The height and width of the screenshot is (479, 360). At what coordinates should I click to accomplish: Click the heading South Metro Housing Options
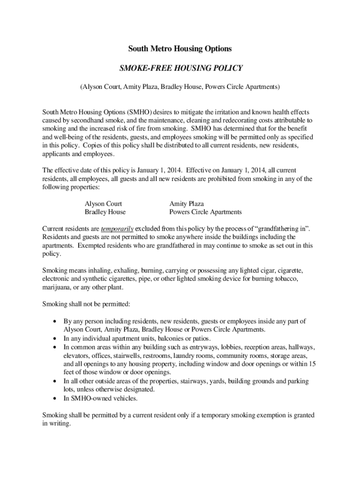[180, 49]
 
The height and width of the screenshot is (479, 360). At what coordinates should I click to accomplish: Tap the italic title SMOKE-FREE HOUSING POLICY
[180, 68]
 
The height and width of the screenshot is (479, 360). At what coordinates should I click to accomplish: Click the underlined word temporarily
[117, 229]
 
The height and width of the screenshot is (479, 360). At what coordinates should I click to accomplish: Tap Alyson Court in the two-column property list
[103, 204]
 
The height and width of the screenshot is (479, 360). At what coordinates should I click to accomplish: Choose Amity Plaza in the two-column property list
[187, 204]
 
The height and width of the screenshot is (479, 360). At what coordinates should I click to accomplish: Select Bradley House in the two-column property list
[105, 212]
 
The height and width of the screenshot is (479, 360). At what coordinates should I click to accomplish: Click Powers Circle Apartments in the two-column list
[205, 212]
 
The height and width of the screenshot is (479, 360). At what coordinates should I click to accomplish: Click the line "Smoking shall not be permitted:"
[86, 304]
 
